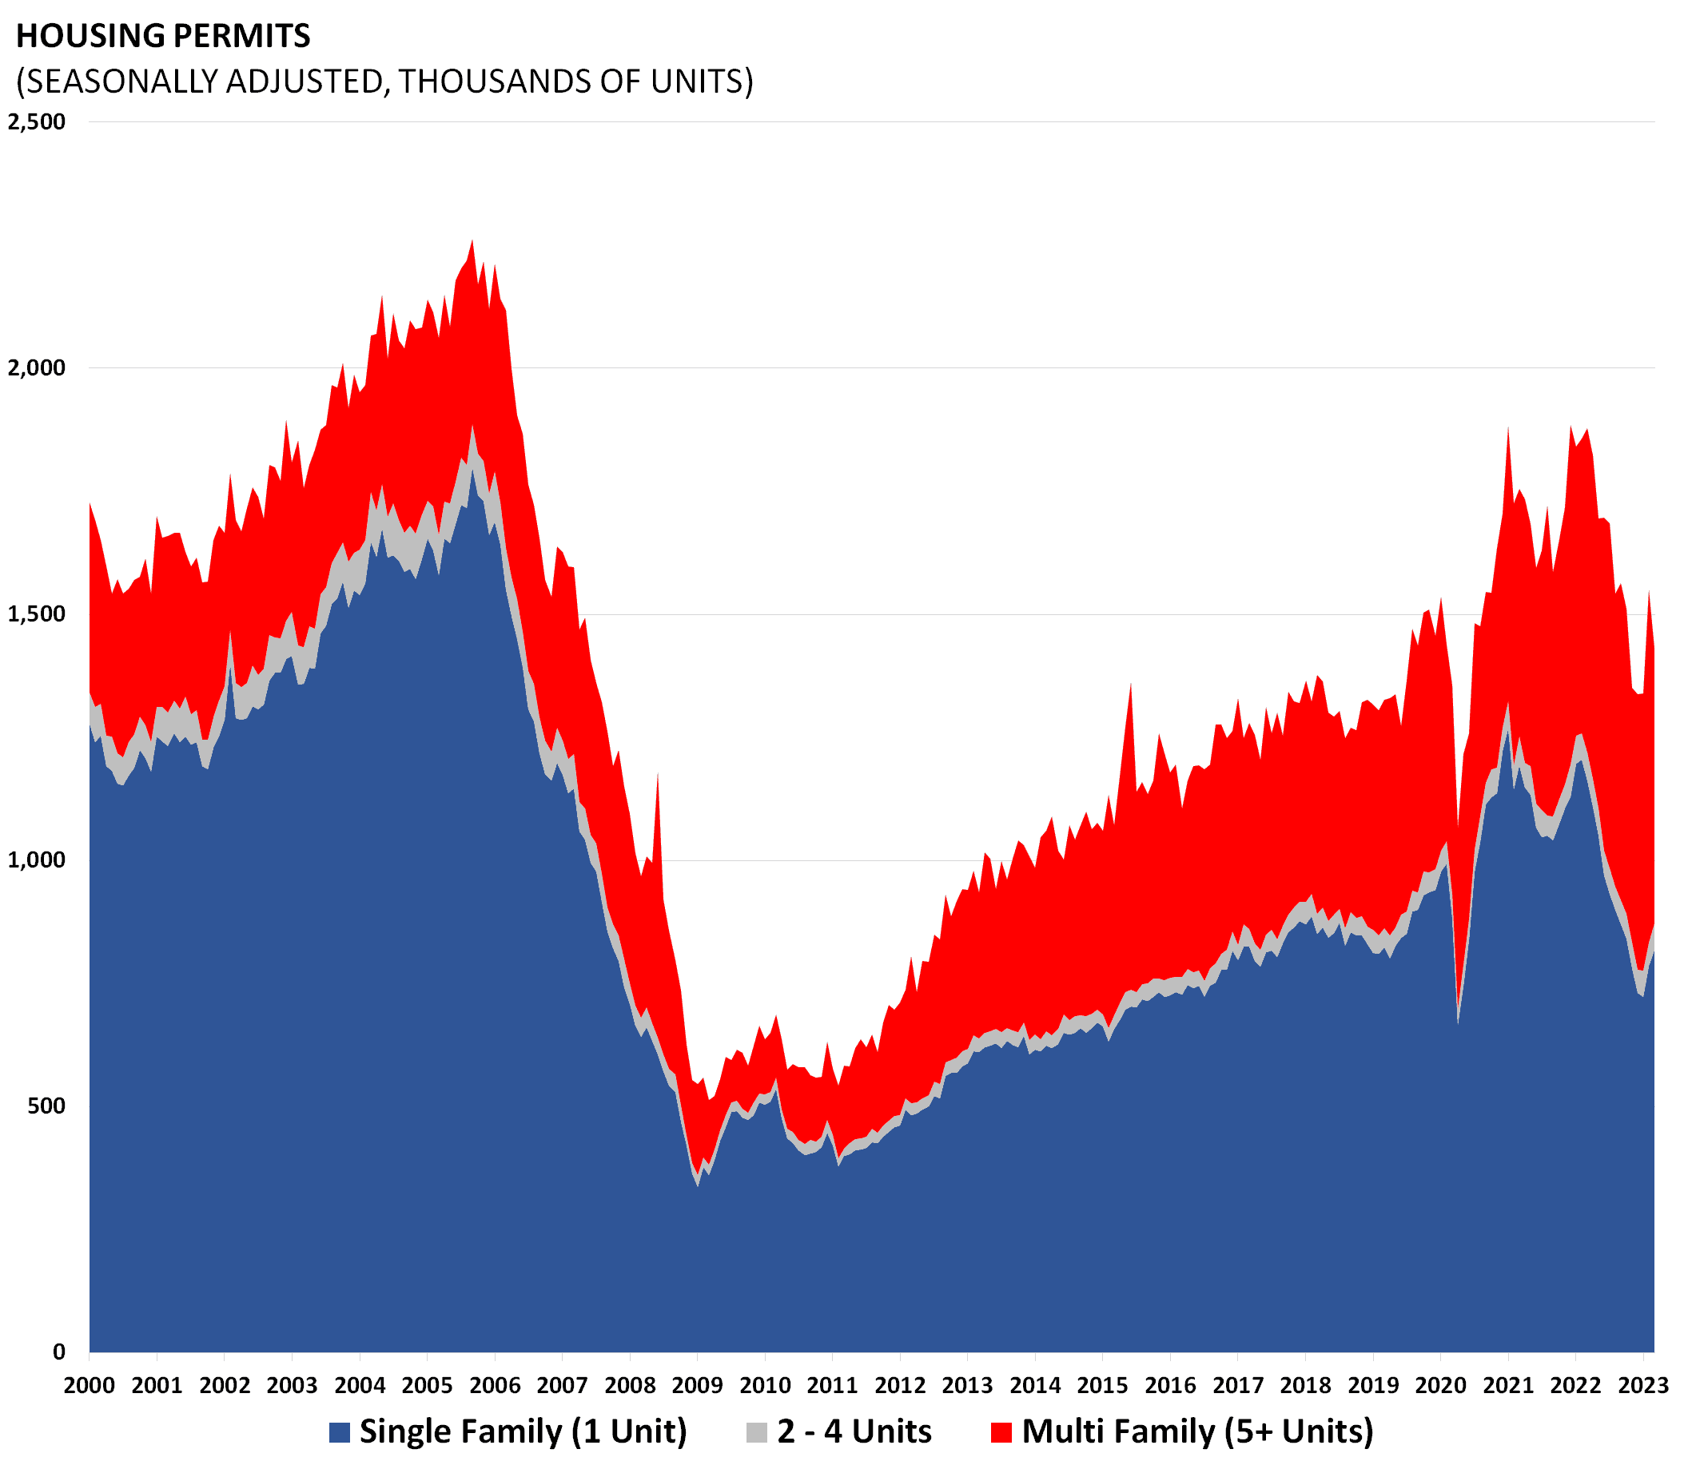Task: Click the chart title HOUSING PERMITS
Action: [x=163, y=36]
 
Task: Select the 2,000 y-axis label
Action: [x=36, y=368]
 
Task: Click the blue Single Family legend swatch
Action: [x=340, y=1432]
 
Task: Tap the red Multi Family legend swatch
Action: [x=1001, y=1432]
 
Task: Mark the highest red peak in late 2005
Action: [x=472, y=241]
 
